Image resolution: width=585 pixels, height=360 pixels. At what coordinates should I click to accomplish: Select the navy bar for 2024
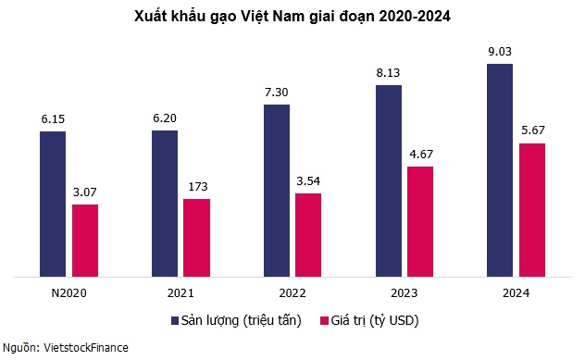[x=500, y=170]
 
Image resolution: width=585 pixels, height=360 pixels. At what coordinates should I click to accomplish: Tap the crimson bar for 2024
[x=531, y=209]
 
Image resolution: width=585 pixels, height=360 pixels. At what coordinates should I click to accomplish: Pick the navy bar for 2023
[x=389, y=180]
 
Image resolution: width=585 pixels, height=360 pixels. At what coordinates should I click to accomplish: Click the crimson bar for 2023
[x=420, y=221]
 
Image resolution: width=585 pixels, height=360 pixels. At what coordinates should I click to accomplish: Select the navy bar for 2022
[x=277, y=190]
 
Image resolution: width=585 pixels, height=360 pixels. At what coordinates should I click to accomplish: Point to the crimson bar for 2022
[x=308, y=234]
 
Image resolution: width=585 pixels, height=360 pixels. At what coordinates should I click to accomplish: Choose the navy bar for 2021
[x=165, y=203]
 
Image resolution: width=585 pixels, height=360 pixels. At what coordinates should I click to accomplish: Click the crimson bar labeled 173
[x=196, y=237]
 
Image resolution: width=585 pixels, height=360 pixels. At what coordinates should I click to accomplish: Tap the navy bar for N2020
[x=53, y=204]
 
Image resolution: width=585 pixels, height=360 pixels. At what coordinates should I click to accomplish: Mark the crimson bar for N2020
[x=85, y=240]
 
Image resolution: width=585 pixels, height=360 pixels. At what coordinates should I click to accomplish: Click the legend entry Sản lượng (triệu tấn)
[x=240, y=320]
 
